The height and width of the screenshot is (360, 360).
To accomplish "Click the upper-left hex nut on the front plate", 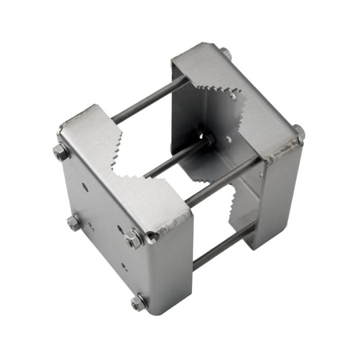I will [x=61, y=152].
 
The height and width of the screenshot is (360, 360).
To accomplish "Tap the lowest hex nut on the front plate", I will [x=137, y=302].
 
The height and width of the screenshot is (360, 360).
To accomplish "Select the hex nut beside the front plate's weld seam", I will [x=133, y=239].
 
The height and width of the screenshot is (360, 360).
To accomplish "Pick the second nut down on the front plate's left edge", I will [x=74, y=223].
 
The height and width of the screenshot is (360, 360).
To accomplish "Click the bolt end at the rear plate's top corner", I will [x=225, y=52].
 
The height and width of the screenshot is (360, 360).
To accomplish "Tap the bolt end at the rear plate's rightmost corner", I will [x=299, y=133].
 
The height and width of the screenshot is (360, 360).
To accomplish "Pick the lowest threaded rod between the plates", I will [x=221, y=247].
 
